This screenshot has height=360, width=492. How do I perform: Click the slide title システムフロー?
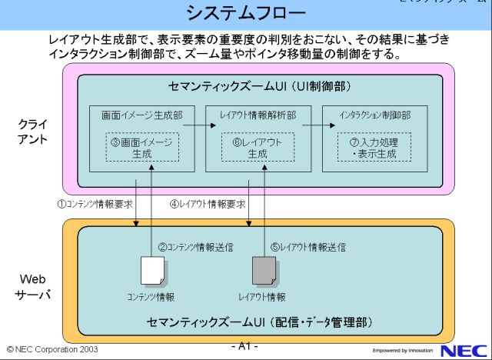[x=246, y=14]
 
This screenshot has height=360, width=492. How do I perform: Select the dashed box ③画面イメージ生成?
[x=141, y=148]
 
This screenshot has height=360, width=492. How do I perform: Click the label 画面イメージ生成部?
[x=142, y=115]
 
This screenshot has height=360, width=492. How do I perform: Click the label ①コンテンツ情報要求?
[x=95, y=205]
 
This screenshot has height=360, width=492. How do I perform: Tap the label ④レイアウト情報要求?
[x=208, y=205]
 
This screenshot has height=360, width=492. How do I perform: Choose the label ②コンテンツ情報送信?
[x=195, y=248]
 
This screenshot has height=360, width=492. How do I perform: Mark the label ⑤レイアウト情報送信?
[x=307, y=248]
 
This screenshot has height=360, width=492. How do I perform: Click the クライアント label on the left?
[x=33, y=132]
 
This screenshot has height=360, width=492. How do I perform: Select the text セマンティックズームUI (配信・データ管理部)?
[x=261, y=321]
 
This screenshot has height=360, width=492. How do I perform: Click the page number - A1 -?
[x=245, y=346]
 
